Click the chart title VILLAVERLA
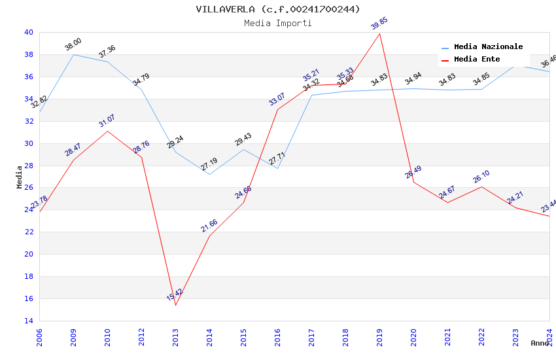277,9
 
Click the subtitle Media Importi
277,23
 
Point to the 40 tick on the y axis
28,32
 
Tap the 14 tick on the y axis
28,321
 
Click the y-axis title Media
20,177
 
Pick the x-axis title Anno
540,343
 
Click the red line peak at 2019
379,33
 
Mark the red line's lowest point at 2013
175,305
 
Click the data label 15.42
175,295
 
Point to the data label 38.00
73,45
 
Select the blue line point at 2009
73,54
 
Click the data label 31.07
107,121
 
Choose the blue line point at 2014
209,174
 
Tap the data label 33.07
277,99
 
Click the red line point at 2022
481,187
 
